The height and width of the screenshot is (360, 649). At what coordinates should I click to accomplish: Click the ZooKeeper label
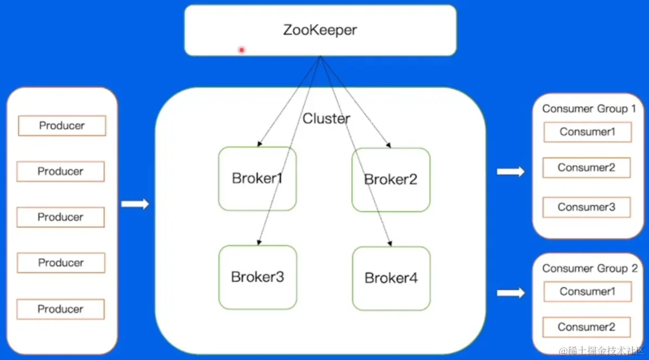[x=320, y=30]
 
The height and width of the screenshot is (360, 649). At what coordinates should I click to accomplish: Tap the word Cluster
[x=326, y=118]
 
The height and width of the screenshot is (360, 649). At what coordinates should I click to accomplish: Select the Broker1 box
[x=257, y=179]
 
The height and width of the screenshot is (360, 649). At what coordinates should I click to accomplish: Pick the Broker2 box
[x=390, y=180]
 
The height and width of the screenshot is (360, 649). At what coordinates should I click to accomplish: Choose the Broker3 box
[x=257, y=277]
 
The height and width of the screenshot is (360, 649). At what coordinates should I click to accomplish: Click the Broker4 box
[x=391, y=278]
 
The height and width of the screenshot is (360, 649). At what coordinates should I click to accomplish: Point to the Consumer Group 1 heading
[x=589, y=109]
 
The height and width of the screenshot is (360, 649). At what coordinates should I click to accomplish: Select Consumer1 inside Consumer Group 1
[x=587, y=132]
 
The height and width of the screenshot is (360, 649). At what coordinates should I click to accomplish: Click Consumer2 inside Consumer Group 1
[x=587, y=168]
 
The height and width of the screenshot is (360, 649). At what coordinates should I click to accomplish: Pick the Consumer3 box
[x=587, y=207]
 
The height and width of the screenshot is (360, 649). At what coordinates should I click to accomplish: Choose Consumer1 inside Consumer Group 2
[x=587, y=292]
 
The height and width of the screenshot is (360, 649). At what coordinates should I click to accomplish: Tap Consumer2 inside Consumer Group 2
[x=587, y=327]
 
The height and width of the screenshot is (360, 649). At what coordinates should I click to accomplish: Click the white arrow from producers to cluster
[x=135, y=204]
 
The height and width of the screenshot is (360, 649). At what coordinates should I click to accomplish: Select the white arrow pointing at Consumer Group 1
[x=511, y=172]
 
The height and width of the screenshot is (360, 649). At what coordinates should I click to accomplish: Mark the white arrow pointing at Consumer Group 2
[x=511, y=293]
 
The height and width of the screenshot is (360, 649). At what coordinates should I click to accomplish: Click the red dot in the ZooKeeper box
[x=242, y=50]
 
